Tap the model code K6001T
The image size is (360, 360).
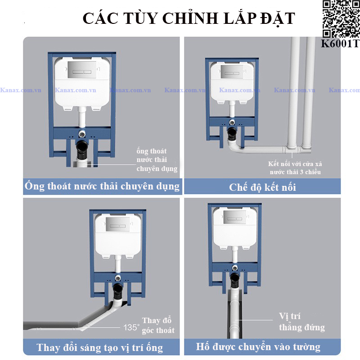click(x=340, y=44)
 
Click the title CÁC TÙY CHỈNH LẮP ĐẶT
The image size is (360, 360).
click(x=189, y=18)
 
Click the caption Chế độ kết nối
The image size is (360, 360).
click(x=263, y=187)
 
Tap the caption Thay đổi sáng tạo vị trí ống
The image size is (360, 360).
click(x=100, y=347)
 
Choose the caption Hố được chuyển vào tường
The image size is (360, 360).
click(x=258, y=346)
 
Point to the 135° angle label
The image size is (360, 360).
click(x=131, y=327)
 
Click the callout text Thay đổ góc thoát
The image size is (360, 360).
click(x=157, y=325)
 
